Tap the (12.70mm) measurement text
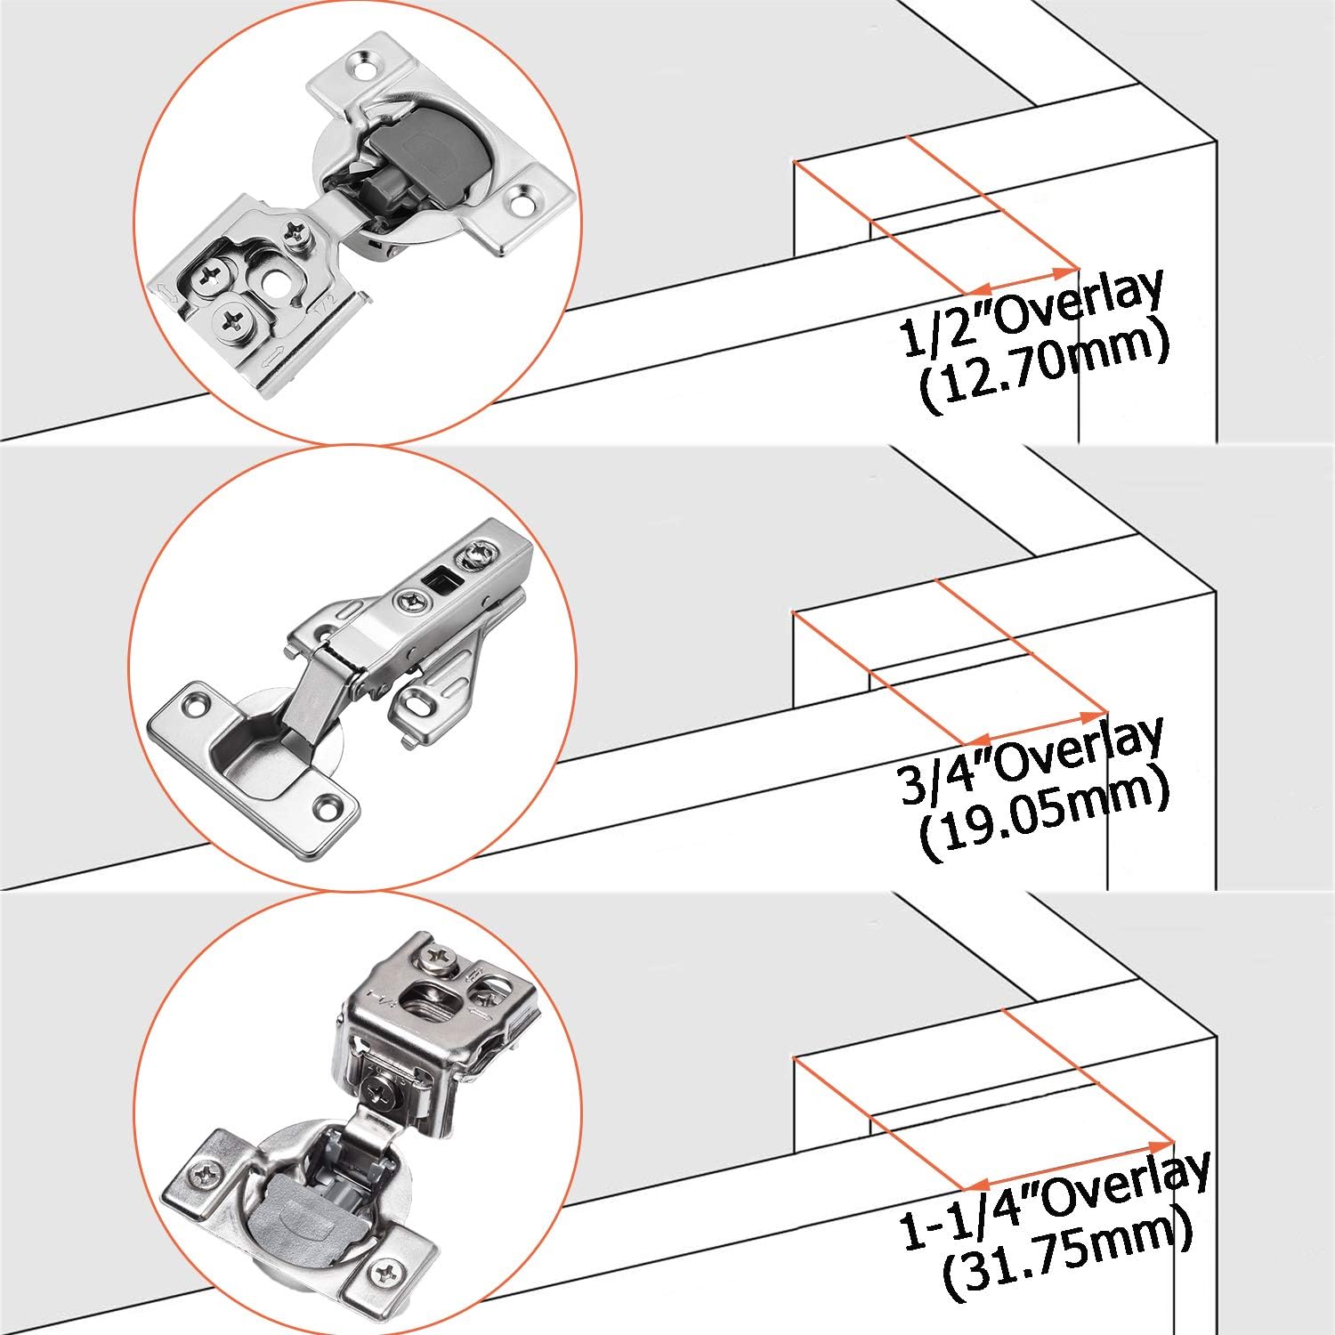point(1043,371)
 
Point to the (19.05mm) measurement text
point(1043,819)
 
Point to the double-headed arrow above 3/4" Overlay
point(1038,727)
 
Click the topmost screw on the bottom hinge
point(440,958)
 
